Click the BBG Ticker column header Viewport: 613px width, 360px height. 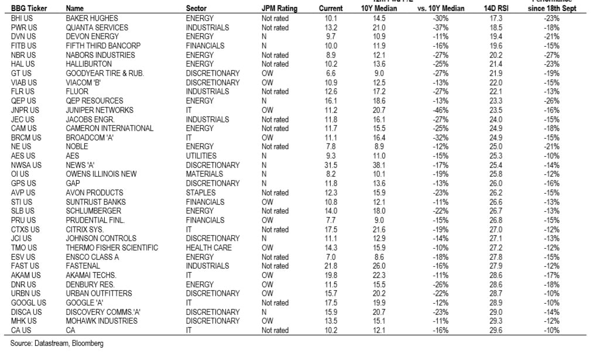click(29, 9)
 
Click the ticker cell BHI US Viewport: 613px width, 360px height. click(22, 18)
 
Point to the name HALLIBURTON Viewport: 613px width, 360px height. click(90, 64)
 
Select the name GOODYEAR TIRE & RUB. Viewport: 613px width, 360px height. click(105, 73)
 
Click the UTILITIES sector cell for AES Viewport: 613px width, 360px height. click(201, 156)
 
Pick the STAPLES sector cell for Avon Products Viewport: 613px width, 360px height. click(199, 193)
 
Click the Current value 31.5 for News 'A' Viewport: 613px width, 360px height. click(331, 165)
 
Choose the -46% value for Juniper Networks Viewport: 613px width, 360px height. click(440, 110)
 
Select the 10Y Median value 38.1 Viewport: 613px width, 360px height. click(379, 165)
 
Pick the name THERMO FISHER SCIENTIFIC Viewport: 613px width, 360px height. click(112, 248)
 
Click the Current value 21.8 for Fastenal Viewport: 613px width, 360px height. click(331, 266)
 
